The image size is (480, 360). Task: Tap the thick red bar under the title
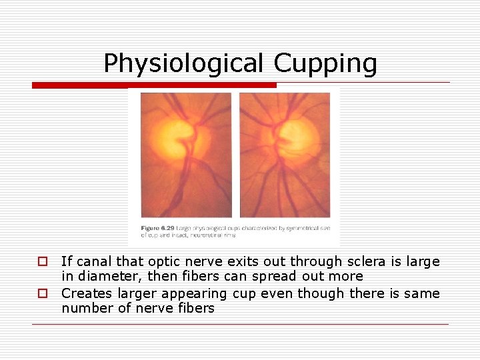click(154, 85)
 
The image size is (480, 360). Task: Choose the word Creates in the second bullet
click(85, 293)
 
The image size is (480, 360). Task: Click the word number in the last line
click(84, 308)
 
